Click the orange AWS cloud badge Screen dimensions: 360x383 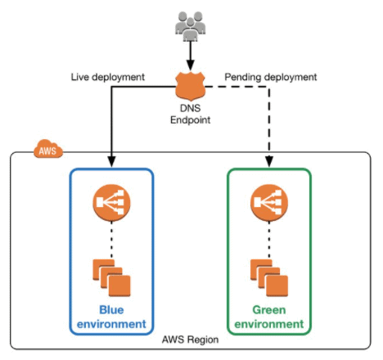46,150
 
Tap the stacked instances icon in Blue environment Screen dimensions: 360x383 112,277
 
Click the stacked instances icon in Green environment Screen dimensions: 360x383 268,277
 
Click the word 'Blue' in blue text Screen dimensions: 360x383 112,310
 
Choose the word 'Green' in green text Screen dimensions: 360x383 268,310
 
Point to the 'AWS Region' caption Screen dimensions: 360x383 190,340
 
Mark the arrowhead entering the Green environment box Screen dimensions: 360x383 268,161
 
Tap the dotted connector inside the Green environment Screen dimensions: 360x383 268,239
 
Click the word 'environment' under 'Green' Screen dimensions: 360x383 268,324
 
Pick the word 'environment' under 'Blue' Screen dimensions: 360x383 112,324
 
